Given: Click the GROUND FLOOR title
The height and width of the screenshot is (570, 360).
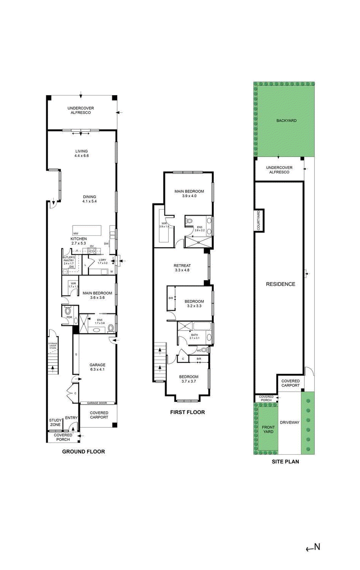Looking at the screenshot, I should tap(83, 451).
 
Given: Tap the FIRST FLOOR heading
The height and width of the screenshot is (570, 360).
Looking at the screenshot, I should tap(187, 412).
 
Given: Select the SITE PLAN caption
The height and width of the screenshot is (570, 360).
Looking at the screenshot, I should tap(285, 461).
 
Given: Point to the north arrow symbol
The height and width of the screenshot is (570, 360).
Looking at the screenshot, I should tap(313, 548).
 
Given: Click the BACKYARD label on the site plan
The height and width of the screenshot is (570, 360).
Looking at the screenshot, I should tap(286, 121).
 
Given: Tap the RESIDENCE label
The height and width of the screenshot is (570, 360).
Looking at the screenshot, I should tap(280, 284).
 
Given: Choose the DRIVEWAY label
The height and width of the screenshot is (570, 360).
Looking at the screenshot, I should tap(289, 423).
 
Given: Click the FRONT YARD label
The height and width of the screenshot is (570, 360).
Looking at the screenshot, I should tap(268, 429).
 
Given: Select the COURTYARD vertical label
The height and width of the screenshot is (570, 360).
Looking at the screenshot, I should tap(259, 220).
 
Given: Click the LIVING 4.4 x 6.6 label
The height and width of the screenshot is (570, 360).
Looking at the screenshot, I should tap(82, 154).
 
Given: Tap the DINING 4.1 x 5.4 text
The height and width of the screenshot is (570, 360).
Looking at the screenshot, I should tap(89, 199).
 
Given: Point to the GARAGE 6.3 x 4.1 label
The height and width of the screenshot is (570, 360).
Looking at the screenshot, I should tap(97, 367).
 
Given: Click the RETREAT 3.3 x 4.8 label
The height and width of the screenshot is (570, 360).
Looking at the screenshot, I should tap(182, 268).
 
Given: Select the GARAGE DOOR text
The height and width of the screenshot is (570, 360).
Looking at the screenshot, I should tap(97, 403).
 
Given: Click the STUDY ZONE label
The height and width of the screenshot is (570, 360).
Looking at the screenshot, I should tap(55, 423).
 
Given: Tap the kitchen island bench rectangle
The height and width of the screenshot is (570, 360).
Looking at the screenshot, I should tap(87, 230).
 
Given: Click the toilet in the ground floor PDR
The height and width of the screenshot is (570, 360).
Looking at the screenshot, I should tap(68, 311).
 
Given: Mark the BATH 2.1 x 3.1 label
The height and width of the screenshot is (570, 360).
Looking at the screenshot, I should tap(194, 336).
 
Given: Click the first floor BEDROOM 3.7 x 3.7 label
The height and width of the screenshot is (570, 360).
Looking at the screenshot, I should tap(188, 379).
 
